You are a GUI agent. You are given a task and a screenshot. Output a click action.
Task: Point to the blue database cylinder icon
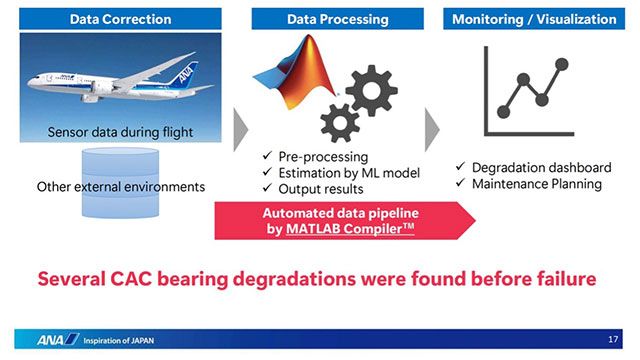[x=98, y=185]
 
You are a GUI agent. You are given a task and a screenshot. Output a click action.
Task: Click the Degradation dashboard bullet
[x=540, y=167]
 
